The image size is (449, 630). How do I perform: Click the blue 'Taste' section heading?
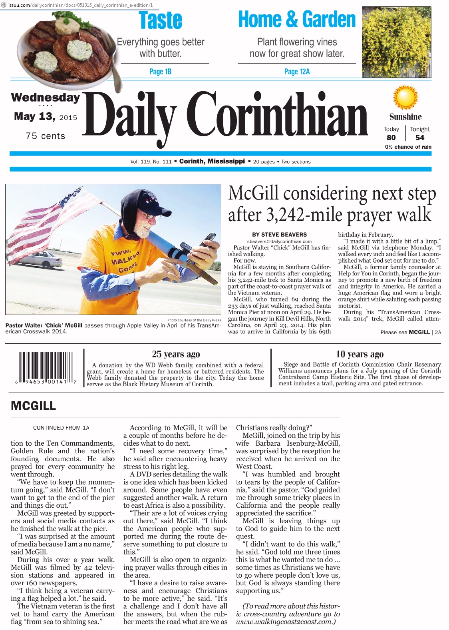[160, 20]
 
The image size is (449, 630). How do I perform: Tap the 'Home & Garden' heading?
[296, 19]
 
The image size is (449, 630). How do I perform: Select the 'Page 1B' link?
[160, 72]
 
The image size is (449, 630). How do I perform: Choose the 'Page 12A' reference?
[297, 72]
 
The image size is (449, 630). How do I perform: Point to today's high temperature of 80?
[391, 138]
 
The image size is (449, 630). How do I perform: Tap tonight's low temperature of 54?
[419, 138]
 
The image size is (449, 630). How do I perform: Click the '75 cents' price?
[45, 136]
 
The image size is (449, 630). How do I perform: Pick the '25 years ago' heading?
[176, 354]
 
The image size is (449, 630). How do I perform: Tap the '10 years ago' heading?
[360, 354]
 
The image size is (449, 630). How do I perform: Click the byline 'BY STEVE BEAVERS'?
[279, 235]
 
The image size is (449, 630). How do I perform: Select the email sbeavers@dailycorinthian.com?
[279, 241]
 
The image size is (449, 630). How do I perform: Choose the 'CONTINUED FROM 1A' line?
[61, 428]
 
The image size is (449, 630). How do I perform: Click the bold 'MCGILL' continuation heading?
[34, 406]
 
